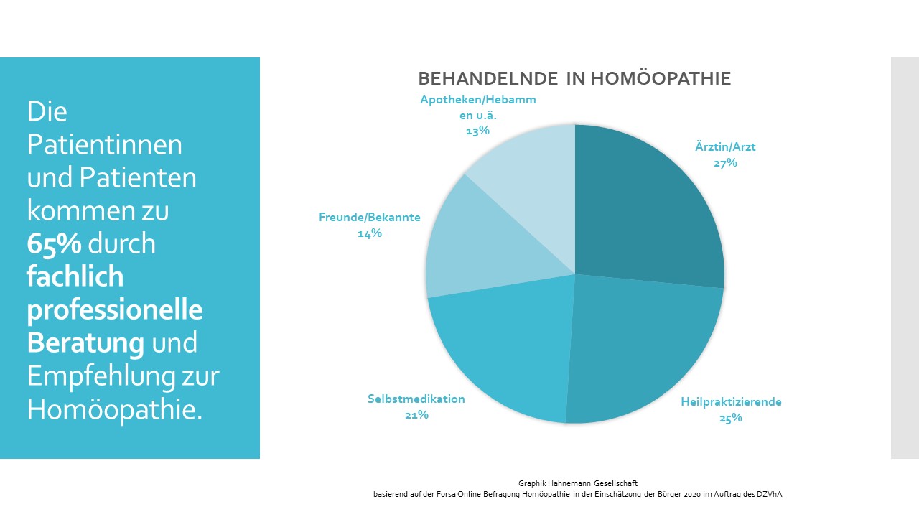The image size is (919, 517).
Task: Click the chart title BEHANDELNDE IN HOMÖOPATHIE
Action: pos(574,78)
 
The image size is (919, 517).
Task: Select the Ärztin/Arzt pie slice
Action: pos(646,208)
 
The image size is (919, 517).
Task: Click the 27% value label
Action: pos(725,163)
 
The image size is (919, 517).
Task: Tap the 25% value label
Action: pos(730,418)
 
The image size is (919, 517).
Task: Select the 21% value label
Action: pos(416,415)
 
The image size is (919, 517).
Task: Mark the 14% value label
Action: pos(370,233)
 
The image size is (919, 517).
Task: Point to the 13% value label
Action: pos(477,131)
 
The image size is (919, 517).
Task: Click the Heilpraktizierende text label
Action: pos(731,402)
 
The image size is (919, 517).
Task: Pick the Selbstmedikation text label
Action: pos(416,399)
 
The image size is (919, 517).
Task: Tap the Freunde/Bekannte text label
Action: pos(370,218)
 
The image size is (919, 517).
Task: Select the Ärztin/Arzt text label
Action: pos(725,147)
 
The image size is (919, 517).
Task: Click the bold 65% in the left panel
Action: pos(54,244)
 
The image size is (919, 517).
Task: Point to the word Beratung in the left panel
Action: pos(85,343)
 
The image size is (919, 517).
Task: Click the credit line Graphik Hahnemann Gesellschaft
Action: pos(578,484)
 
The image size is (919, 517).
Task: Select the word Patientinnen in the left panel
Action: pos(105,145)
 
